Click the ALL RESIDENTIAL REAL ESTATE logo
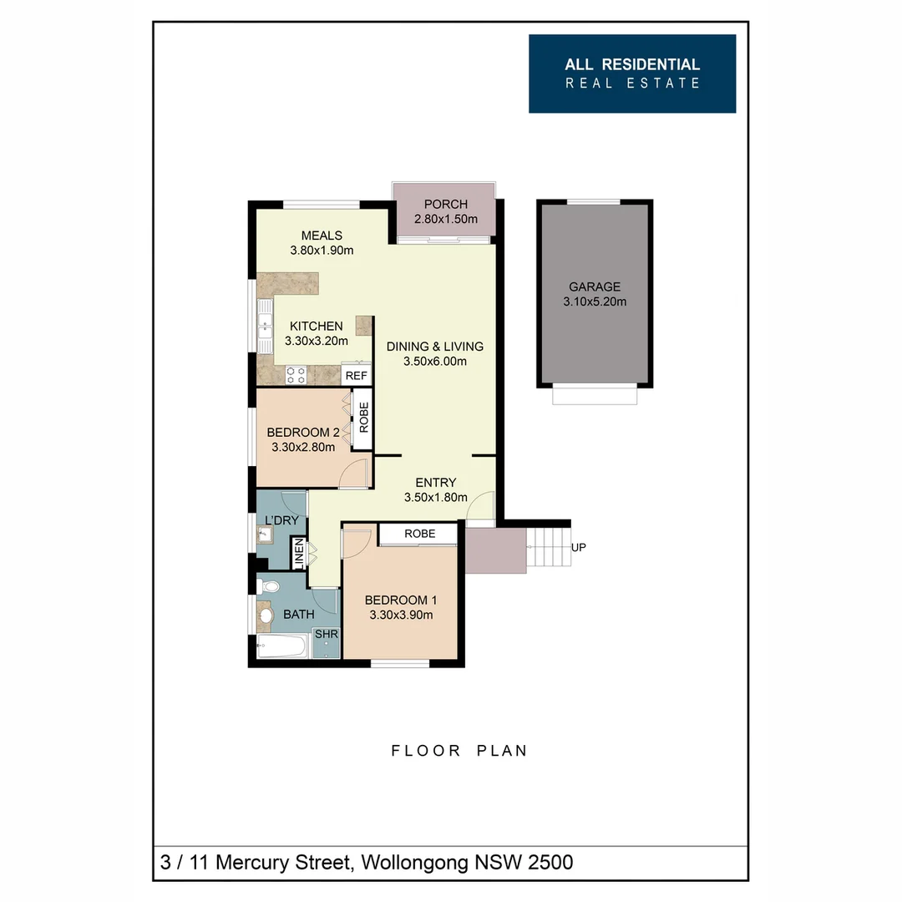point(632,73)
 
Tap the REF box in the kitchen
point(356,376)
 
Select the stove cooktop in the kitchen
point(296,375)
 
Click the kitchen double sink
point(265,327)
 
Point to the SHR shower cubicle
point(326,644)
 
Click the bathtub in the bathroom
point(281,646)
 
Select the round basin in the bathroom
point(266,616)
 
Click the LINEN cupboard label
point(297,553)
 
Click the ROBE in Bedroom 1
point(418,534)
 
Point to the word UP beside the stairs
point(579,547)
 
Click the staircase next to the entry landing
point(549,548)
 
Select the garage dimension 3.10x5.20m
point(594,302)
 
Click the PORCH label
point(445,205)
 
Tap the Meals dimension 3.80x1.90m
point(322,250)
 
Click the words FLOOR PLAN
point(459,751)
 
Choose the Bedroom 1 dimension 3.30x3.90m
point(401,616)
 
